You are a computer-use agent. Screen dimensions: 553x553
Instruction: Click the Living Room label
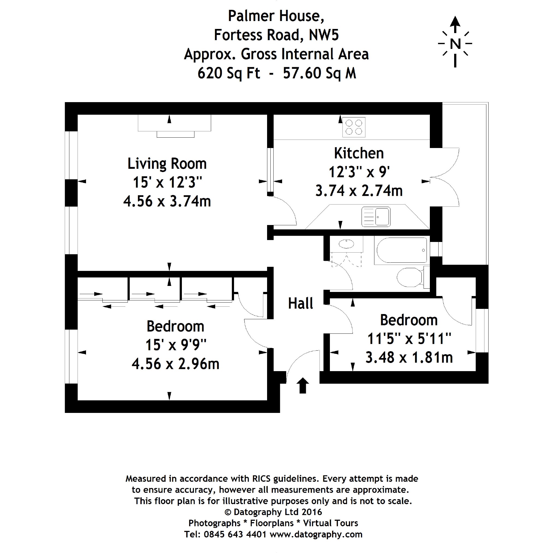coord(167,164)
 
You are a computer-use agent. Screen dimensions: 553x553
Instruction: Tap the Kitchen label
coord(359,153)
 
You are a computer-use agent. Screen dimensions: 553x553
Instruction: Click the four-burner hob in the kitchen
coord(354,127)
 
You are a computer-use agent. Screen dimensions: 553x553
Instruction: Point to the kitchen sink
coord(376,217)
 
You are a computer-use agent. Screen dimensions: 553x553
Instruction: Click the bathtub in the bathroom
coord(402,250)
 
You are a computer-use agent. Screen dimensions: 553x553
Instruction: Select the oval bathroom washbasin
coord(346,244)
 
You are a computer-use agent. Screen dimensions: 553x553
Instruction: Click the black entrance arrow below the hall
coord(303,386)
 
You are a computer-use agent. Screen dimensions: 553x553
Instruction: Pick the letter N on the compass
coord(455,44)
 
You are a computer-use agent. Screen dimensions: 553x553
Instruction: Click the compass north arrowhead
coord(455,20)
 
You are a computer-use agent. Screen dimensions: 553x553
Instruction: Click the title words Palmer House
coord(276,16)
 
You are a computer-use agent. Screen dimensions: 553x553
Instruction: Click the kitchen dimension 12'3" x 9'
coord(359,172)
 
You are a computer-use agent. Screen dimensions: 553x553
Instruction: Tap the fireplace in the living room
coord(175,126)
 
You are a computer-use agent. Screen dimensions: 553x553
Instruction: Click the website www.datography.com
coord(316,534)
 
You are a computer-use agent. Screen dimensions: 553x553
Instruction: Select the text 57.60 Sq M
coord(320,73)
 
